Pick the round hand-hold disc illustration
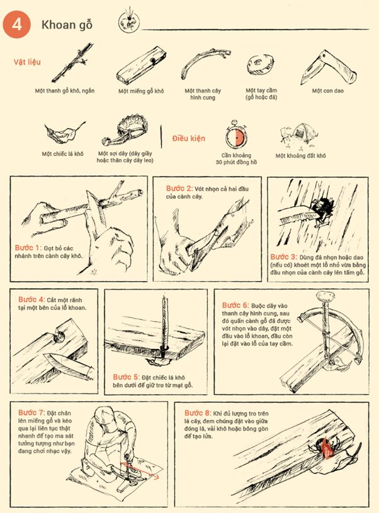coord(260,65)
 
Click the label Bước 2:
coord(179,188)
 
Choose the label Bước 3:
coord(284,256)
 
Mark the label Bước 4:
coord(32,299)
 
